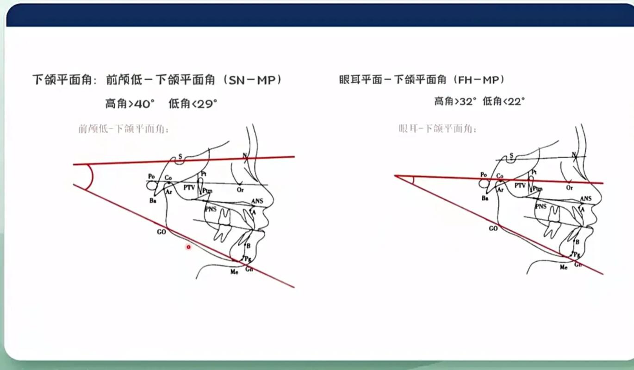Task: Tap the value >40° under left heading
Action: pos(141,104)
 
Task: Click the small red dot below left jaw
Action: pos(188,247)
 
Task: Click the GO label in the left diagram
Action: pos(161,232)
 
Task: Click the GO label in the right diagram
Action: pos(493,228)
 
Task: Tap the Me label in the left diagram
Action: pos(234,272)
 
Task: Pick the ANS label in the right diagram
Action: pos(586,199)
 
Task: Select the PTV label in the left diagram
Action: pos(189,188)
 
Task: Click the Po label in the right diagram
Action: pos(484,175)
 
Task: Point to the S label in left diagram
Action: pos(180,156)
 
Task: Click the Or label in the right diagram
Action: pos(570,188)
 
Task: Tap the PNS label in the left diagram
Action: pos(211,209)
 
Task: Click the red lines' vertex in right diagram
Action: pos(395,176)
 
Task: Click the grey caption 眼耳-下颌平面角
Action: pos(437,129)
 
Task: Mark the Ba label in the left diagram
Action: pos(152,201)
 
